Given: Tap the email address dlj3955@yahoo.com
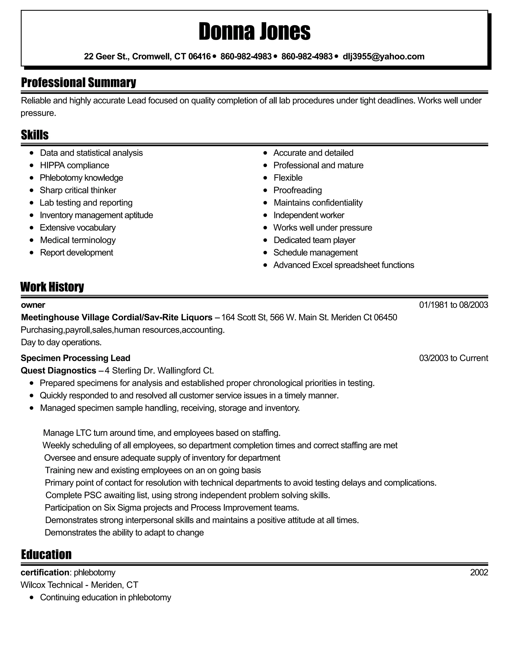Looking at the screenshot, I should (x=383, y=56).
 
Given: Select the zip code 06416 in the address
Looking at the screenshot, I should (x=199, y=56).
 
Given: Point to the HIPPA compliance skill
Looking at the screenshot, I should (x=75, y=165).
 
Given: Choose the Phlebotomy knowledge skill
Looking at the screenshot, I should (x=82, y=178).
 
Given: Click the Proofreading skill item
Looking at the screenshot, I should (x=297, y=190).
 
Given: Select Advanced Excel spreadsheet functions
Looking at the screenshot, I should (x=343, y=265).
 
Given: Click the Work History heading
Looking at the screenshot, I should (x=52, y=287).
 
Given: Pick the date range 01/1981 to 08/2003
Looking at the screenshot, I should (x=453, y=305).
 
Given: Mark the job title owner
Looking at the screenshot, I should (x=33, y=305).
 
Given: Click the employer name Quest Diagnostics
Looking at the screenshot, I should (x=58, y=370).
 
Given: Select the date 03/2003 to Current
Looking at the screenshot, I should (x=453, y=358).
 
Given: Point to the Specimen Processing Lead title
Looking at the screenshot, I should (x=75, y=358).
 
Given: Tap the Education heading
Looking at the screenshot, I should (x=46, y=554).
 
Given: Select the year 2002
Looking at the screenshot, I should (x=479, y=572).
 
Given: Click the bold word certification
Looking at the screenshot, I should (x=45, y=572).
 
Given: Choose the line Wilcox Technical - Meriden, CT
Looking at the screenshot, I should (x=79, y=585).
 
